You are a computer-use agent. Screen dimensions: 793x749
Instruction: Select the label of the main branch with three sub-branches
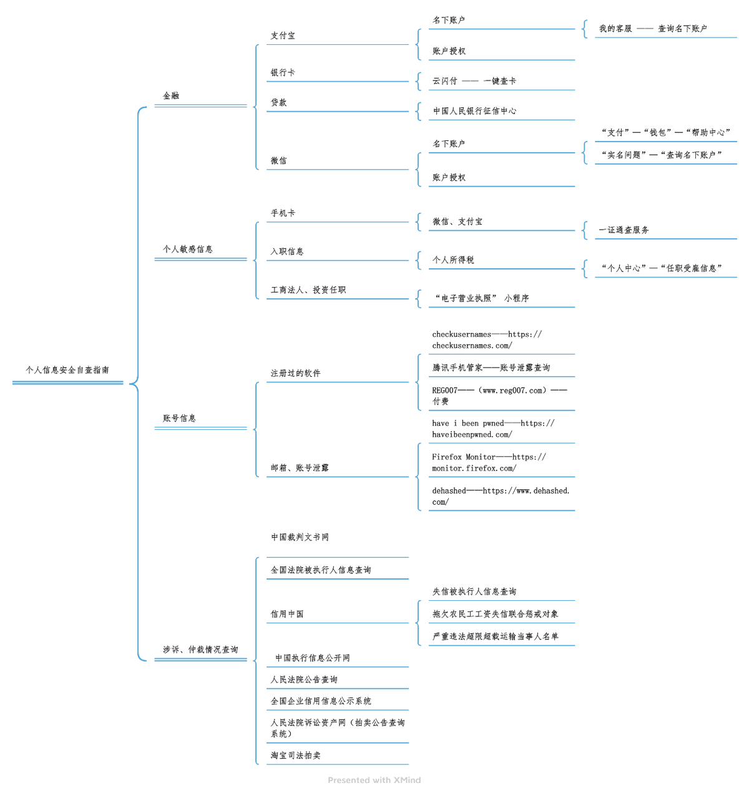point(187,249)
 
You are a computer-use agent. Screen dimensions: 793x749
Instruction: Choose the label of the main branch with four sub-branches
point(171,95)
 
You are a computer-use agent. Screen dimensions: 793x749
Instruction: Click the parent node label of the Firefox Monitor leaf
point(298,467)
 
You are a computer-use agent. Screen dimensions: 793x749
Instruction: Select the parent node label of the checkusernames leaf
point(295,373)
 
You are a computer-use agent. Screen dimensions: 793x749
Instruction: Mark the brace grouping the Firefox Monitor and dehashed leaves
point(418,477)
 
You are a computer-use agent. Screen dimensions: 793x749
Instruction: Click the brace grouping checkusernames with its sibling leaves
point(418,382)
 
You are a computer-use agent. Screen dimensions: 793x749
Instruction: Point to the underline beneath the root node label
point(67,383)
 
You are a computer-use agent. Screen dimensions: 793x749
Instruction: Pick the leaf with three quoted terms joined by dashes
point(665,132)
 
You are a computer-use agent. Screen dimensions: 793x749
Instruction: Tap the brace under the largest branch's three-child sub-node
point(418,623)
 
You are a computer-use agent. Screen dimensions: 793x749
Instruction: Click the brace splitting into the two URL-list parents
point(256,429)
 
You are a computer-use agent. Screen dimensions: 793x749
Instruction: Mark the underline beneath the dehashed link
point(502,510)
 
